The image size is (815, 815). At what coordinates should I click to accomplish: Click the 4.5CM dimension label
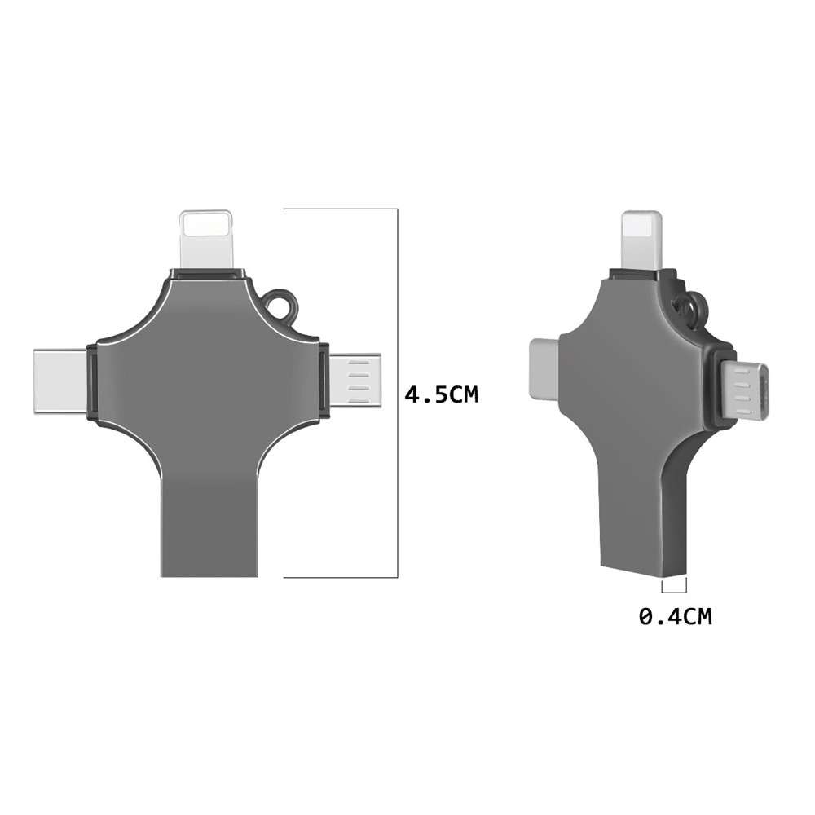coord(442,395)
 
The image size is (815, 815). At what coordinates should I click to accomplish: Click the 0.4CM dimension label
coord(675,617)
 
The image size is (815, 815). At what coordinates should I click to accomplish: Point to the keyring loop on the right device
coord(689,308)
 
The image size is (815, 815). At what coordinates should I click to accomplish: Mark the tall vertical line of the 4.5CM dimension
coord(397,391)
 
